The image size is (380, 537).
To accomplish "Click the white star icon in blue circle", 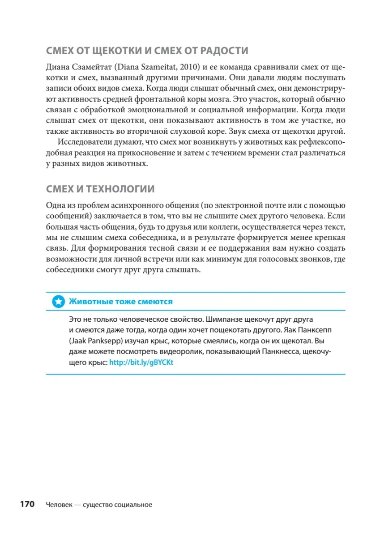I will [58, 302].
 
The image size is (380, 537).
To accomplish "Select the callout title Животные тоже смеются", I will [120, 302].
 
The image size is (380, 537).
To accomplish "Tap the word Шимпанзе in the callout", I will [226, 320].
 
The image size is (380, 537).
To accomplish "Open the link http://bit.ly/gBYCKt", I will [141, 362].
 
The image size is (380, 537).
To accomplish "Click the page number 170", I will [26, 505].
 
